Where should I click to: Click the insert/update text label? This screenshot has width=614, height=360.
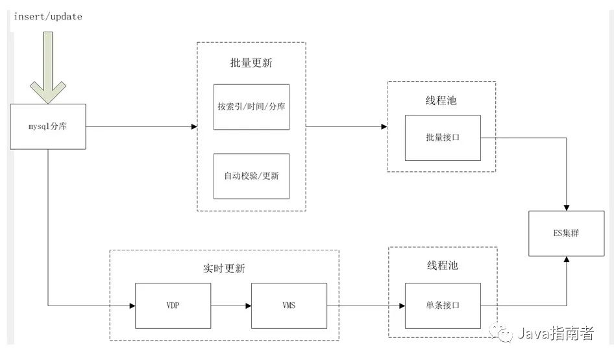pyautogui.click(x=48, y=17)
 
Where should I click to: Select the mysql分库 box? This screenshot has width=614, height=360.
pyautogui.click(x=49, y=126)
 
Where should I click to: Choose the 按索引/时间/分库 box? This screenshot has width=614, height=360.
pyautogui.click(x=251, y=107)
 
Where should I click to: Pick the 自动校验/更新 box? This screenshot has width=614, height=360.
pyautogui.click(x=251, y=176)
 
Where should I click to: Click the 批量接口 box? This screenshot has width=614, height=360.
pyautogui.click(x=443, y=138)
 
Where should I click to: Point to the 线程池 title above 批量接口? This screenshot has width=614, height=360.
pyautogui.click(x=441, y=101)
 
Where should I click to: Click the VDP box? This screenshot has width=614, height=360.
pyautogui.click(x=173, y=306)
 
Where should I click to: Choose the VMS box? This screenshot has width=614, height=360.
pyautogui.click(x=289, y=306)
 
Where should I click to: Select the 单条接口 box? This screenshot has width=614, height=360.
pyautogui.click(x=443, y=306)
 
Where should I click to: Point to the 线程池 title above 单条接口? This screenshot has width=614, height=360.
pyautogui.click(x=441, y=266)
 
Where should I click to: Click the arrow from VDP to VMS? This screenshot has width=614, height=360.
pyautogui.click(x=230, y=306)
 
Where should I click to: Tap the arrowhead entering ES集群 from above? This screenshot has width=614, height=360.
pyautogui.click(x=567, y=207)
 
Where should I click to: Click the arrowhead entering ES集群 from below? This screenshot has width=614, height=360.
pyautogui.click(x=567, y=259)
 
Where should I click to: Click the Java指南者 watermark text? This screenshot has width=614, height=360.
pyautogui.click(x=555, y=333)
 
